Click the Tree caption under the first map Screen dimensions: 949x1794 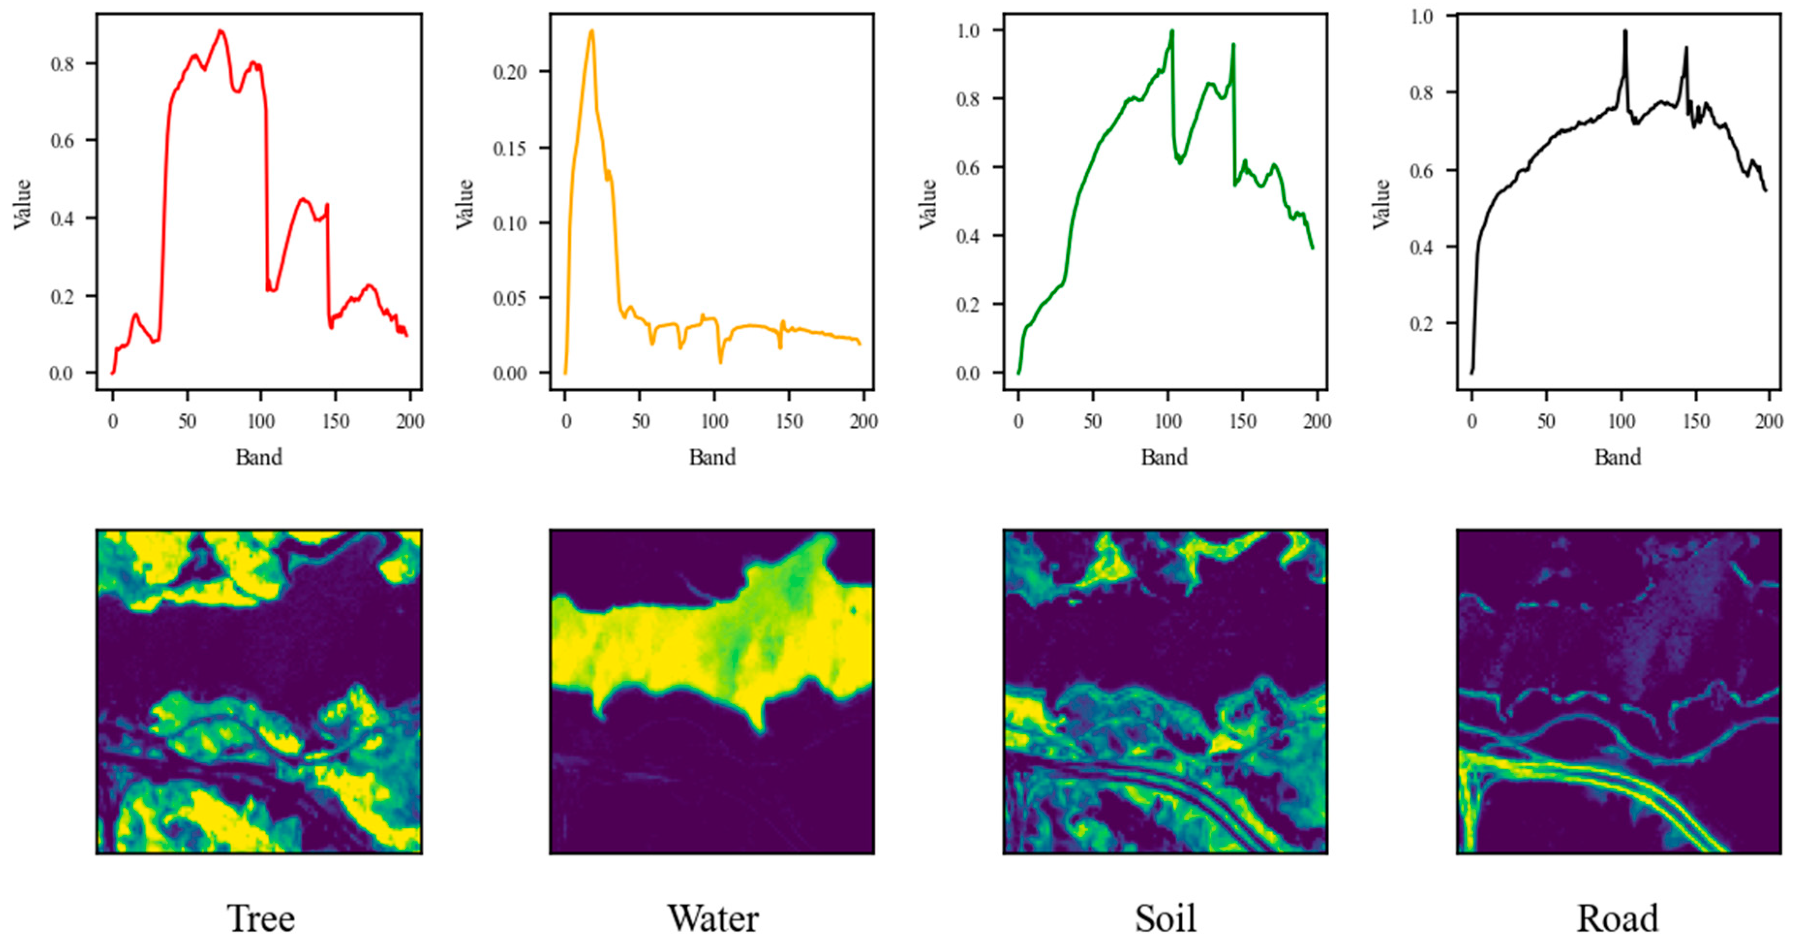pyautogui.click(x=261, y=919)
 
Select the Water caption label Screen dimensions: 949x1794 pyautogui.click(x=713, y=919)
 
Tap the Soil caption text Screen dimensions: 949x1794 pyautogui.click(x=1165, y=919)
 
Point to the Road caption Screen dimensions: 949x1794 pyautogui.click(x=1617, y=919)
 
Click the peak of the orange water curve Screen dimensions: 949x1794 pyautogui.click(x=591, y=30)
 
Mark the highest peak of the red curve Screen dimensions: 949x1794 pyautogui.click(x=221, y=30)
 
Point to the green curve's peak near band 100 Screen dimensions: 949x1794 pyautogui.click(x=1172, y=30)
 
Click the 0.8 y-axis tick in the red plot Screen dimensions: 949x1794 pyautogui.click(x=62, y=64)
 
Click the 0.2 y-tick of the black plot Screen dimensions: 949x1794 pyautogui.click(x=1423, y=324)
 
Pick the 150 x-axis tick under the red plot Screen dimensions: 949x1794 pyautogui.click(x=335, y=421)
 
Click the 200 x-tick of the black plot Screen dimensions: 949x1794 pyautogui.click(x=1769, y=421)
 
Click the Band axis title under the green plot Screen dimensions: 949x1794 pyautogui.click(x=1164, y=457)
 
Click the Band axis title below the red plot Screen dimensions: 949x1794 pyautogui.click(x=259, y=457)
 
